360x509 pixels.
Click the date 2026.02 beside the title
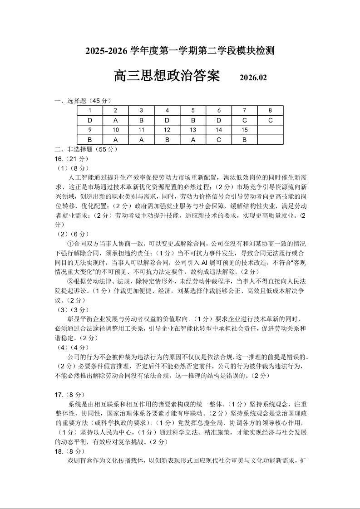pyautogui.click(x=253, y=78)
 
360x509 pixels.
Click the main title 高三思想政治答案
pyautogui.click(x=167, y=76)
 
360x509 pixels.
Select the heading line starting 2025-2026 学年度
pyautogui.click(x=180, y=51)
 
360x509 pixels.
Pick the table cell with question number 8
pyautogui.click(x=270, y=111)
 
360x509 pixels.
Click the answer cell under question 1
pyautogui.click(x=90, y=120)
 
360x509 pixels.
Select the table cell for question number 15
pyautogui.click(x=245, y=130)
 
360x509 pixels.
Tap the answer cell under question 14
pyautogui.click(x=219, y=140)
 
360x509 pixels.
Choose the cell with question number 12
pyautogui.click(x=167, y=130)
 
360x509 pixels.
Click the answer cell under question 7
pyautogui.click(x=245, y=120)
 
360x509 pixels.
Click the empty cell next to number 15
pyautogui.click(x=270, y=130)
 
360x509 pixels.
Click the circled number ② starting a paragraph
pyautogui.click(x=70, y=281)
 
